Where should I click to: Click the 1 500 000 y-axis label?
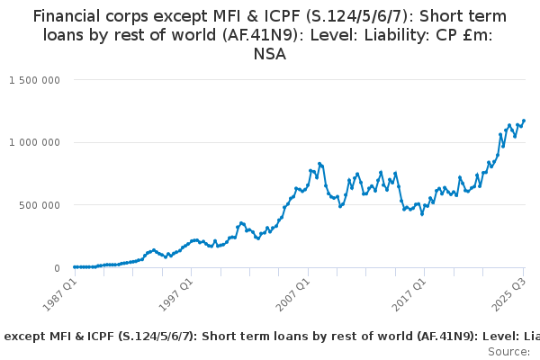pyautogui.click(x=34, y=80)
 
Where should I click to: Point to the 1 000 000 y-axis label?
pyautogui.click(x=34, y=142)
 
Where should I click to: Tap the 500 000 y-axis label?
pyautogui.click(x=40, y=205)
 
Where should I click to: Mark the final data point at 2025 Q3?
pyautogui.click(x=524, y=121)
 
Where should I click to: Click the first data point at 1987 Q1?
pyautogui.click(x=74, y=266)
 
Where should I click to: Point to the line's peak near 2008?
pyautogui.click(x=319, y=164)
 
